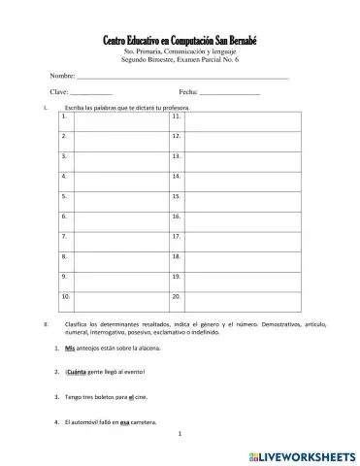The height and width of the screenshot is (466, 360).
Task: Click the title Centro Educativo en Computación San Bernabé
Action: (180, 38)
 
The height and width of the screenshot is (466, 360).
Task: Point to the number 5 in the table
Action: (64, 195)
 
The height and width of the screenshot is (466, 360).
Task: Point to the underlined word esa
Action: (125, 422)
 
